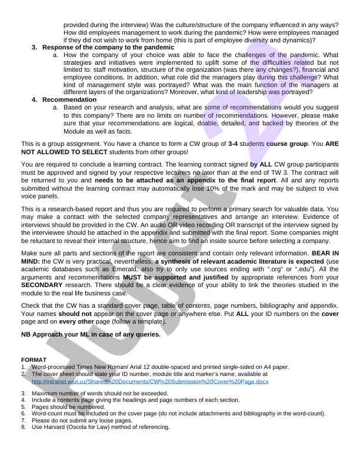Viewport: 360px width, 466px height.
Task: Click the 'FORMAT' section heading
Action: pos(34,359)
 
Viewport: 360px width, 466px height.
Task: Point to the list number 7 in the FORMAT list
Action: pos(24,421)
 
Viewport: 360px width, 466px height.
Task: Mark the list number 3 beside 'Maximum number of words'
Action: pos(24,392)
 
